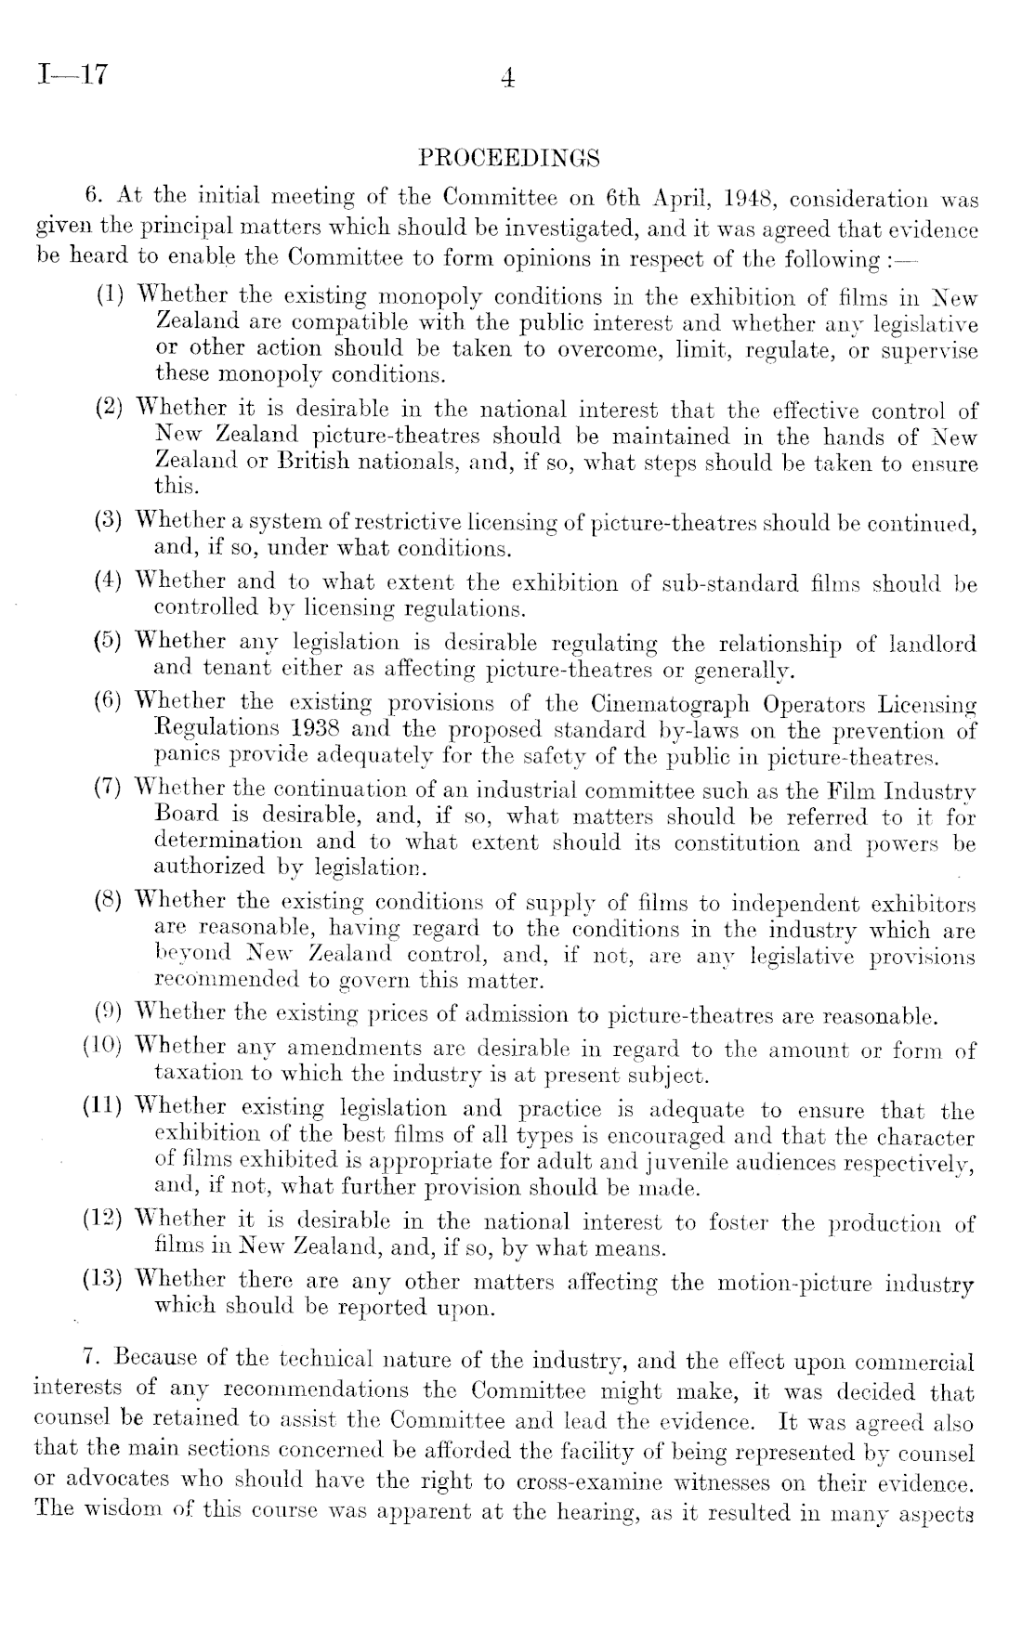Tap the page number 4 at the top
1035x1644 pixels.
tap(507, 79)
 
